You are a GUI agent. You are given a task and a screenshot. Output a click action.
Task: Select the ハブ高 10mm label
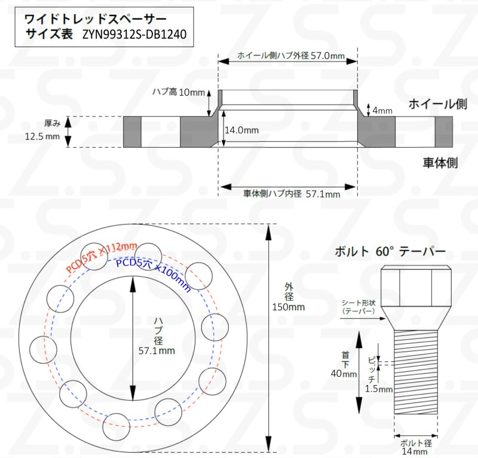click(178, 92)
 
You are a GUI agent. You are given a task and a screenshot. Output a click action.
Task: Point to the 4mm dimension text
click(382, 111)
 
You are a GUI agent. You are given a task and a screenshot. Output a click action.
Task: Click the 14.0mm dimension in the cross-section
click(242, 130)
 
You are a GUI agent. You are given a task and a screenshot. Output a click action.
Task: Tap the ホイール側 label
click(437, 105)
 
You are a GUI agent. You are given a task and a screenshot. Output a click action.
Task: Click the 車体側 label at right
click(440, 162)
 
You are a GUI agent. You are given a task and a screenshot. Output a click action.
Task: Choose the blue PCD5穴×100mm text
click(153, 271)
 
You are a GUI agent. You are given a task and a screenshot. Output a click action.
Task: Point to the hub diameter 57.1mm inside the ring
click(157, 350)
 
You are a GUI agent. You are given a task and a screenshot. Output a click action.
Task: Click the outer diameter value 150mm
click(289, 307)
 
